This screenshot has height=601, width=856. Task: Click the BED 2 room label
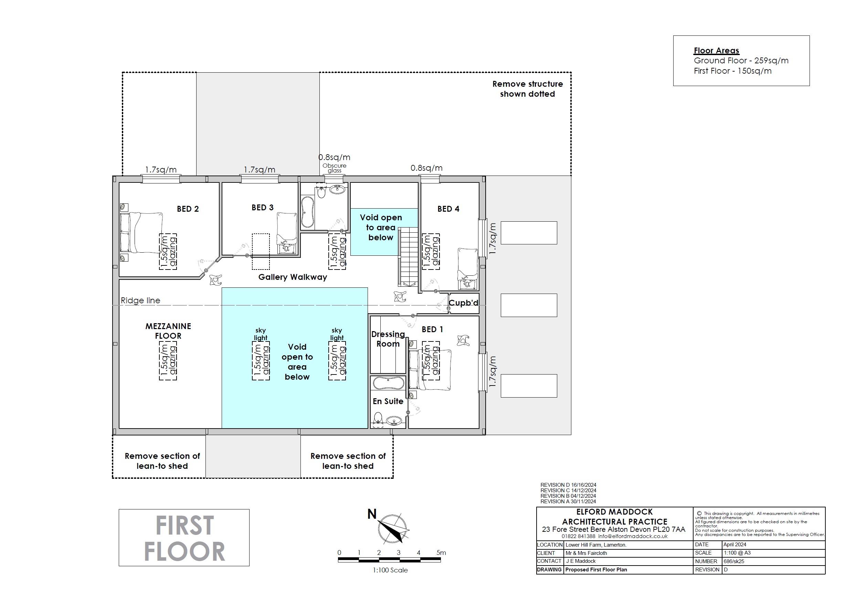coord(188,209)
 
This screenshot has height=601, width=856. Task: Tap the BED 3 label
coord(263,208)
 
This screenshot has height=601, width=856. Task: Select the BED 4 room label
coord(448,209)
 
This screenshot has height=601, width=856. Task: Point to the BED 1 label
coord(432,329)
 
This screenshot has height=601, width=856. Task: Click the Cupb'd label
coord(463,303)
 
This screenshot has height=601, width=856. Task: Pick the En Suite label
coord(388,401)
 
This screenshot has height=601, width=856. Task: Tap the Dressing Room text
coord(388,339)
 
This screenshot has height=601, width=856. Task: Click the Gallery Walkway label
coord(293,277)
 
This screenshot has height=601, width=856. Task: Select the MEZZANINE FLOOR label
coord(168,331)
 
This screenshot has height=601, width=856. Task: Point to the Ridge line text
coord(140,300)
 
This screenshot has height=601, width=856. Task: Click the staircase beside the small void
coord(409,256)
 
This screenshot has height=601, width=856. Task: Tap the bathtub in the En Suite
coord(388,382)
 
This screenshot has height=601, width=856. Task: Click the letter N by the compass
coord(372,514)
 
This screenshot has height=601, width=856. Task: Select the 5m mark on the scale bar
coord(441,552)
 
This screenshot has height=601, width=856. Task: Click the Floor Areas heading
coord(717,51)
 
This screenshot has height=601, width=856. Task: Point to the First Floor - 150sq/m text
coord(732,71)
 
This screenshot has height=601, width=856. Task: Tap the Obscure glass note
coord(335,168)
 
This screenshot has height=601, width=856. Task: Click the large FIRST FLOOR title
coord(184,538)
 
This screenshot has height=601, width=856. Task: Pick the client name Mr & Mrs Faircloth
coord(586,553)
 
